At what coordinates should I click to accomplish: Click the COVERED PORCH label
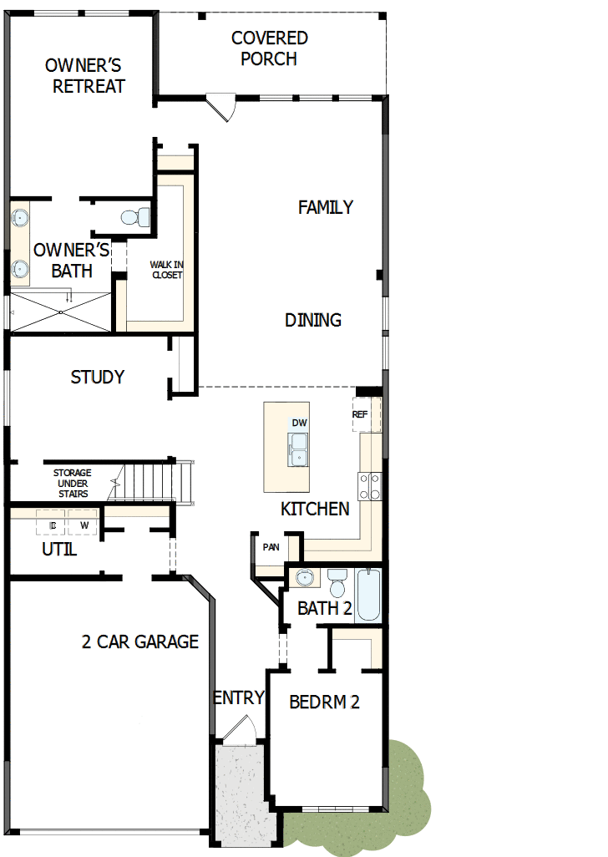269,48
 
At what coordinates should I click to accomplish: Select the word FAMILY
326,207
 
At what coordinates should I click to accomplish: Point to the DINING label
313,320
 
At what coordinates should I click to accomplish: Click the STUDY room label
98,378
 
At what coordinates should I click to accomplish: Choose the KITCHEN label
315,509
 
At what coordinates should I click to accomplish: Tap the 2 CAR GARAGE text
140,641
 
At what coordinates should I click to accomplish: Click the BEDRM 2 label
324,702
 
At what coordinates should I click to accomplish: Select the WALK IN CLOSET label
166,270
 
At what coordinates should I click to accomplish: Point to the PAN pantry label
271,547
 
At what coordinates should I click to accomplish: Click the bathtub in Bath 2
368,595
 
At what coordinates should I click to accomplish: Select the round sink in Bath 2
305,578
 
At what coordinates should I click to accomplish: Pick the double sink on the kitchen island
298,449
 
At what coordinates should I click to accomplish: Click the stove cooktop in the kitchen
370,486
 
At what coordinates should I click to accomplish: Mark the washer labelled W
84,525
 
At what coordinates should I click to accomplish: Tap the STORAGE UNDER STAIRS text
73,484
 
